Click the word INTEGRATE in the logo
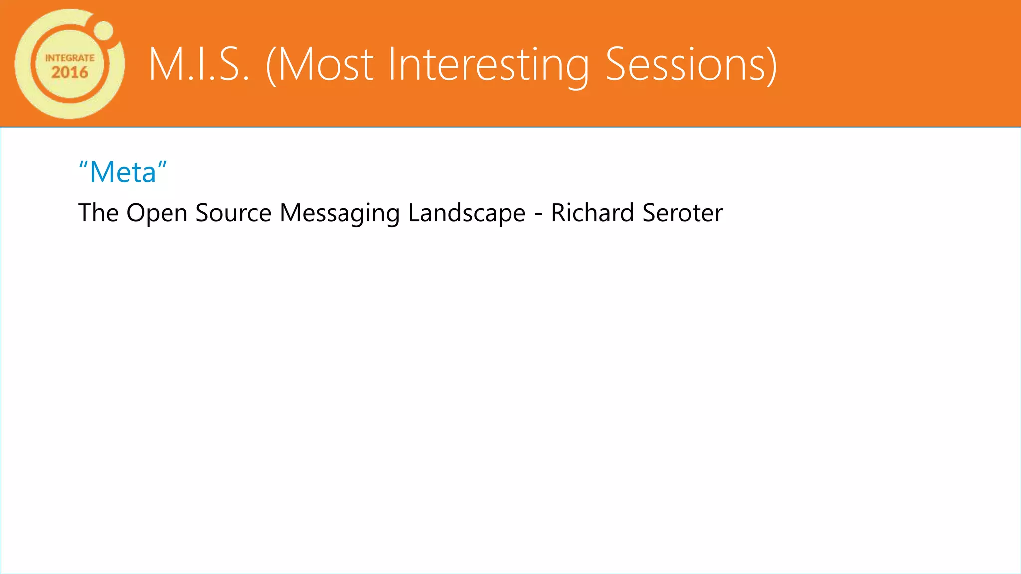tap(70, 58)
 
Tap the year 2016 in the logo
tap(70, 73)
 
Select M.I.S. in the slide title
tap(198, 65)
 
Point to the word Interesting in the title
tap(488, 65)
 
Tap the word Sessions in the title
tap(684, 65)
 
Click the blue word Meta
tap(123, 173)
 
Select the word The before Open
tap(98, 213)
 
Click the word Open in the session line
tap(157, 213)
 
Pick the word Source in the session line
tap(233, 213)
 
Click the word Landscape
tap(467, 213)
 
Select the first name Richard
tap(592, 213)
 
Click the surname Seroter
tap(682, 213)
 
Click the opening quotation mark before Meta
tap(83, 166)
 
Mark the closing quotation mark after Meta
tap(162, 166)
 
